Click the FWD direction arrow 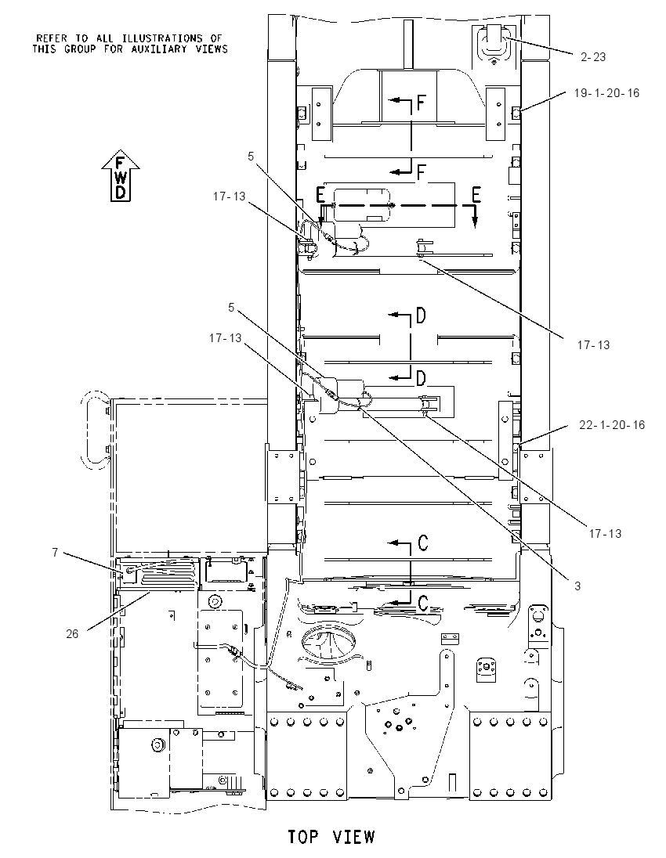coord(121,175)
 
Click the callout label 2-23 coord(593,57)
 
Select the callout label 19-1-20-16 coord(607,93)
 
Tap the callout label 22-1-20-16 coord(612,424)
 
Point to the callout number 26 coord(72,633)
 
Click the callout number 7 coord(55,553)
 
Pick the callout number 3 coord(577,586)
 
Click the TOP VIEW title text coord(332,837)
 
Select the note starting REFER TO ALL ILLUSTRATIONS coord(129,43)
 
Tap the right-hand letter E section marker coord(476,194)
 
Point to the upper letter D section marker coord(421,315)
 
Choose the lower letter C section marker coord(423,603)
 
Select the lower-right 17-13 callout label coord(605,533)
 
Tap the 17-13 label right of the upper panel coord(593,344)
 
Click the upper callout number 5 coord(251,157)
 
